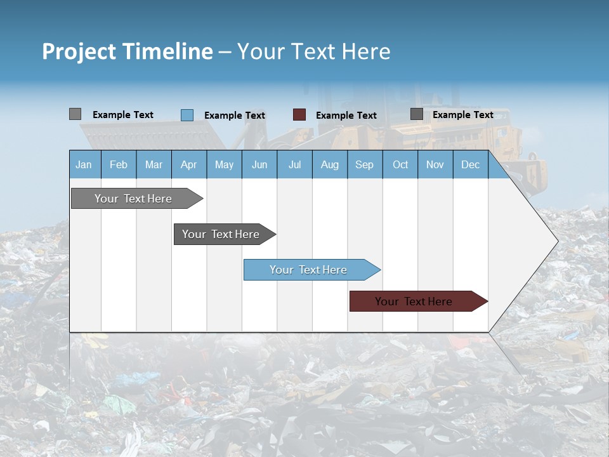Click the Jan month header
[84, 164]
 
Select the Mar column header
[154, 164]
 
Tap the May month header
[224, 164]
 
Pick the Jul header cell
[294, 164]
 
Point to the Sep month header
[364, 164]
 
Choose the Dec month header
[470, 164]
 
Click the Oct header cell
[400, 164]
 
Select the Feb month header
[119, 164]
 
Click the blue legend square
[187, 115]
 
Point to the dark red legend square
[299, 115]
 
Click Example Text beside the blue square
[235, 116]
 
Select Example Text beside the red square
[346, 116]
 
